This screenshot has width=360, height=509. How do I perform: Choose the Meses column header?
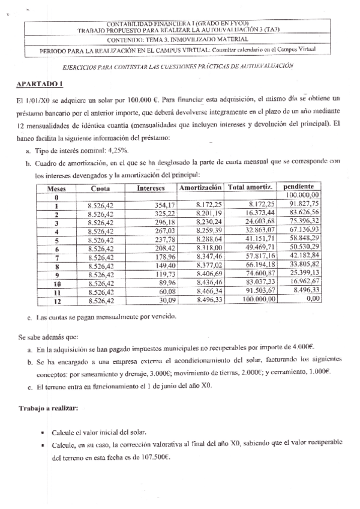click(x=56, y=188)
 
